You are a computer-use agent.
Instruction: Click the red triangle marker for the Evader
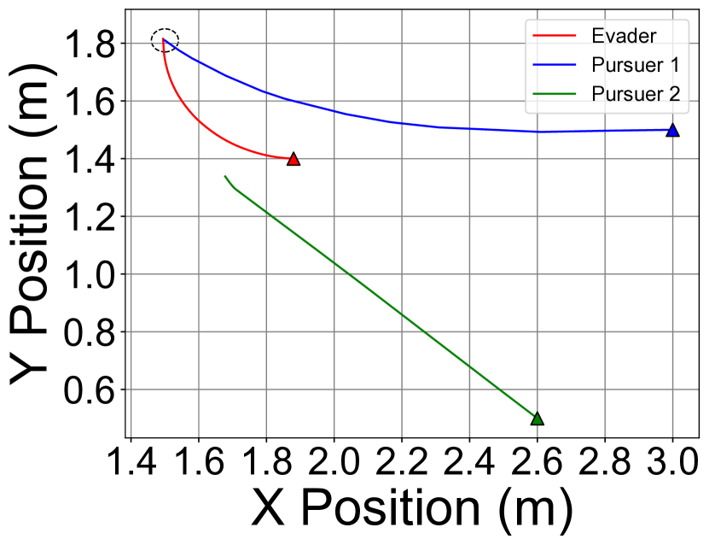point(293,159)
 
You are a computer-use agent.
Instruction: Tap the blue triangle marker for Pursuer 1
point(672,131)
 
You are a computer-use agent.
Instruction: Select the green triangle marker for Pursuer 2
point(537,419)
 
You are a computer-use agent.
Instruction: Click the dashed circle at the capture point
point(165,40)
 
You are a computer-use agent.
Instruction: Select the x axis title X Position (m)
point(412,512)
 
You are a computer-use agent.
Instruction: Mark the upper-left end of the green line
point(224,176)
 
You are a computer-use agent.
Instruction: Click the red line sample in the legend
point(551,36)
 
